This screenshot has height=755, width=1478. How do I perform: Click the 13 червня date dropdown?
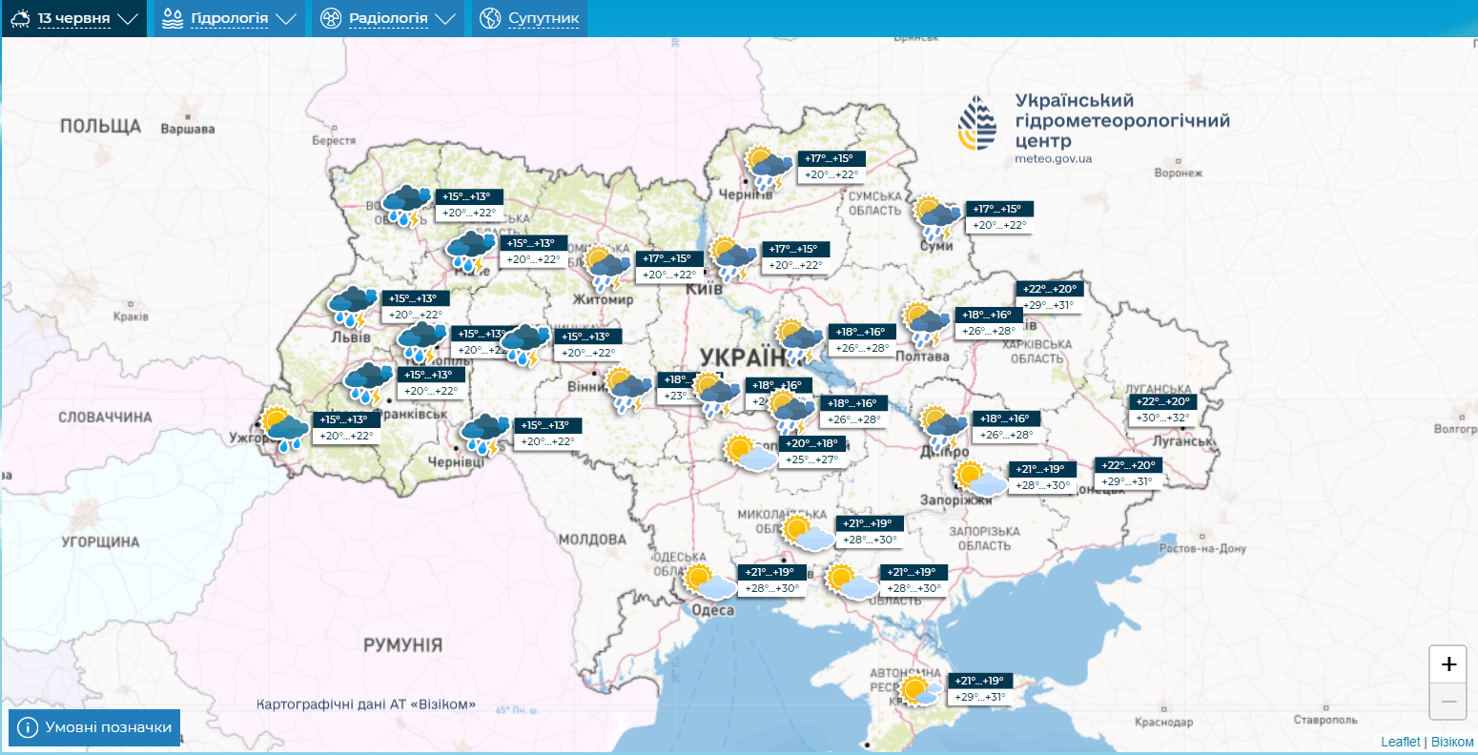pos(74,18)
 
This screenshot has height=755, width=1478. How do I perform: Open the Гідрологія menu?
pos(230,18)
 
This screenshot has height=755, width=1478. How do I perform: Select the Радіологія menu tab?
pos(388,18)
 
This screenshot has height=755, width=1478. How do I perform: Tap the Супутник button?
pos(530,18)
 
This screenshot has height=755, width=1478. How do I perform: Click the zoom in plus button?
pos(1448,664)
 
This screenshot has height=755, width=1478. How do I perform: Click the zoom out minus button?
pos(1448,702)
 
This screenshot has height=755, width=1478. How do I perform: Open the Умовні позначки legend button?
pos(94,727)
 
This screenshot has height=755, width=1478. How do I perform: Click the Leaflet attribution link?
pos(1400,742)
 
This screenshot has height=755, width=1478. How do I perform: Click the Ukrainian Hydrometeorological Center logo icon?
pos(977,123)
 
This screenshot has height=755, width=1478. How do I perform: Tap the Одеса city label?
pos(712,610)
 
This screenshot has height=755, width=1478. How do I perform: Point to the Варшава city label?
pos(188,129)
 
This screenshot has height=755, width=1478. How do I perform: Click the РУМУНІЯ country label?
pos(402,645)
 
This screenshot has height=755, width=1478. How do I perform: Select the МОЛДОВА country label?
pos(592,540)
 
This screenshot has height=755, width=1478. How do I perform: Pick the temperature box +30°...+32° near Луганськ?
pos(1162,418)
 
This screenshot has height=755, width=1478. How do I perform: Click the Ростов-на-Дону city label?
pos(1202,549)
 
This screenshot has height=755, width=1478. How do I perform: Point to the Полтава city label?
pos(922,357)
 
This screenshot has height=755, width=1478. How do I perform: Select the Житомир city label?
pos(603,299)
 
